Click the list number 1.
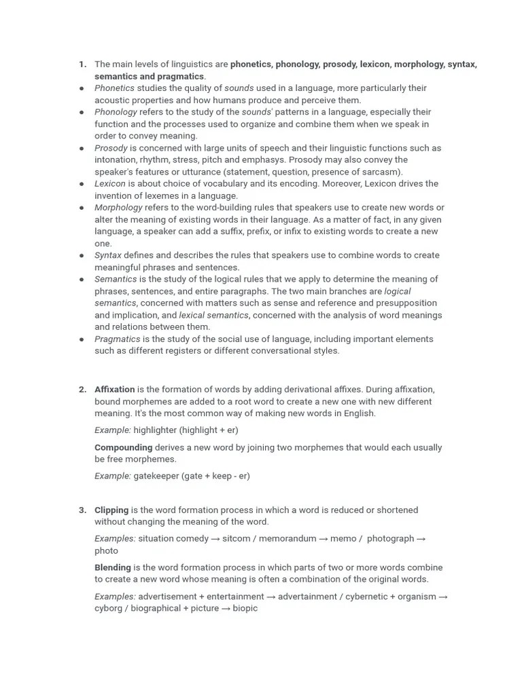point(82,64)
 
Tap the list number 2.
point(82,390)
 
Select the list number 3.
point(82,510)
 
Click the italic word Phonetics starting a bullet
point(114,88)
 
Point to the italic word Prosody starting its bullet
point(111,148)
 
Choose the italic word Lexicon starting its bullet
point(110,184)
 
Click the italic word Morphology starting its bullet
point(118,208)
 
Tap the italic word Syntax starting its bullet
point(108,255)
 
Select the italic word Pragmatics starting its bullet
point(117,339)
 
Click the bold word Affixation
point(114,390)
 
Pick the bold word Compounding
point(123,447)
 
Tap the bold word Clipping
point(111,510)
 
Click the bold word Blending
point(113,567)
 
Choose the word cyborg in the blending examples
point(108,608)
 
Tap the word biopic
point(245,608)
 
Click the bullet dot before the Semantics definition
point(82,280)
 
